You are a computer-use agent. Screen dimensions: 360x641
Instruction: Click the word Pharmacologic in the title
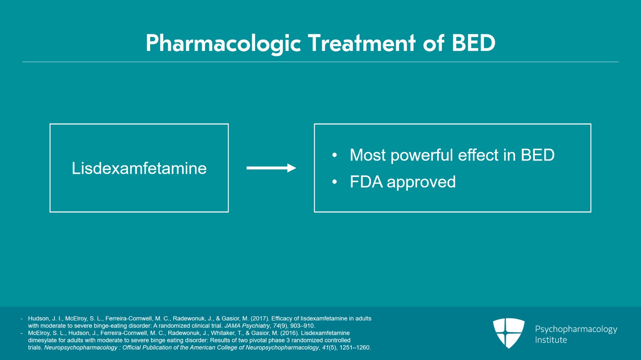223,43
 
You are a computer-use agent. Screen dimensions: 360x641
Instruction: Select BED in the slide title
474,43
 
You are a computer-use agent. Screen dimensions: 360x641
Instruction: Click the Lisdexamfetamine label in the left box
139,168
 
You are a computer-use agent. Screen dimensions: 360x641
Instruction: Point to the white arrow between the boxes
271,168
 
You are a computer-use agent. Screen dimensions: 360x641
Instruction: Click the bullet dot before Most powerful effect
335,155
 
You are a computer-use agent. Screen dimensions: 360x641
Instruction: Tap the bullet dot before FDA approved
335,182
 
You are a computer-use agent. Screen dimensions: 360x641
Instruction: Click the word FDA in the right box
366,182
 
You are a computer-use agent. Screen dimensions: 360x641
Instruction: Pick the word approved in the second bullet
421,183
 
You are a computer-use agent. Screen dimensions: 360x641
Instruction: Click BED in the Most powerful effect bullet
537,155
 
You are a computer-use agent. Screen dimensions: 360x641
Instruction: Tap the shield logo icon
508,332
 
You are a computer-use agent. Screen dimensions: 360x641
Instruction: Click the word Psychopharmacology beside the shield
576,329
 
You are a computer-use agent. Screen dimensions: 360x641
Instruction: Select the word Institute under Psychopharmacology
551,340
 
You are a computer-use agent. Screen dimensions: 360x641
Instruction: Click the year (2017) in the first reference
259,319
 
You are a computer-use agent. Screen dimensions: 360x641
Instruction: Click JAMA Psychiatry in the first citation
247,326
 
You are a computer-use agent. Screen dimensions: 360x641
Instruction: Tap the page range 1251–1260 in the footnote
355,348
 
